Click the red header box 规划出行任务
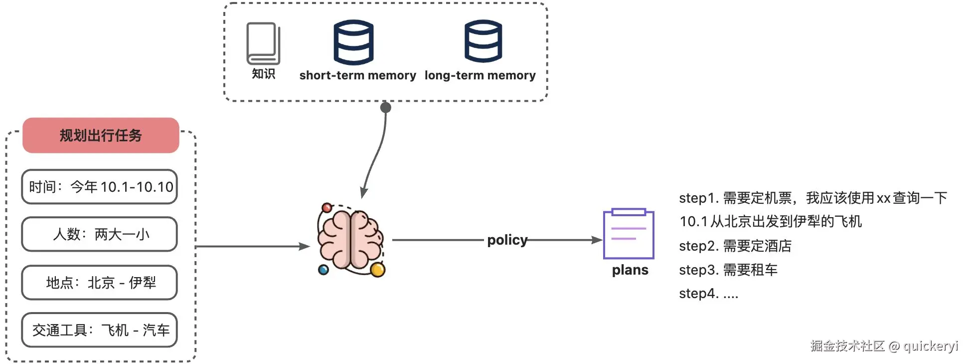coord(101,135)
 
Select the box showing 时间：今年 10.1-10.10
coord(100,187)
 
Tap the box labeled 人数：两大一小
coord(100,234)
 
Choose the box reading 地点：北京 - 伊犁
coord(100,283)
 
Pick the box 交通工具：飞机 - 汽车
coord(100,330)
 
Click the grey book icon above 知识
coord(263,43)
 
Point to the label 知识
coord(263,74)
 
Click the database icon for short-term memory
coord(353,42)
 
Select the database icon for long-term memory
coord(483,41)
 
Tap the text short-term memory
coord(357,75)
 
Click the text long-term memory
coord(480,75)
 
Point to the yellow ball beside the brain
coord(378,270)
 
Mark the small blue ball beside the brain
coord(323,270)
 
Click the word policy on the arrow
coord(507,240)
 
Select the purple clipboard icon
coord(629,234)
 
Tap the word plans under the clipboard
coord(630,270)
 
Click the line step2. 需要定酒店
coord(735,246)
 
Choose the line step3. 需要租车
coord(728,270)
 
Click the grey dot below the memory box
coord(386,107)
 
